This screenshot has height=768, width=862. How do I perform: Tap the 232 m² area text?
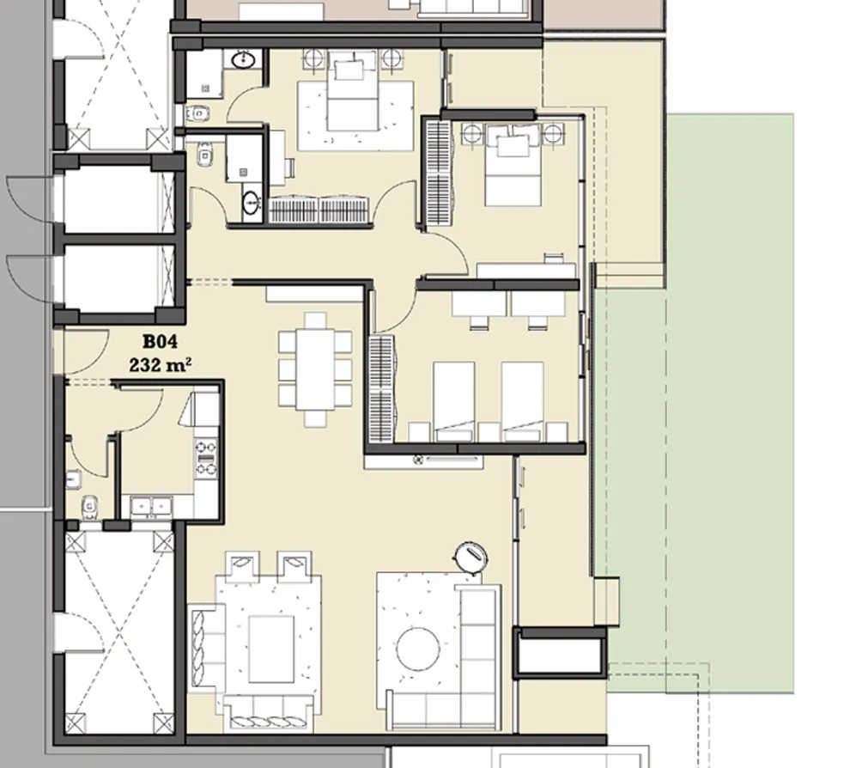159,364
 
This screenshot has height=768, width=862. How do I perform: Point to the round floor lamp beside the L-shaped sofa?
471,556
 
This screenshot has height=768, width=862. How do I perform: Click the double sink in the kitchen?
151,508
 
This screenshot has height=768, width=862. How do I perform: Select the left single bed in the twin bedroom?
453,400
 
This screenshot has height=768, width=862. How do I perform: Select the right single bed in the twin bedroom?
522,400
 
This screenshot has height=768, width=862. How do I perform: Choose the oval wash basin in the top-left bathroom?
243,59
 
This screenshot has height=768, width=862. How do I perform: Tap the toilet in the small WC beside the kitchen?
88,509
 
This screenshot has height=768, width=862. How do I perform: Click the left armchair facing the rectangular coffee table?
242,566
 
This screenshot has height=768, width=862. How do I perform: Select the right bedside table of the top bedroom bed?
392,59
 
